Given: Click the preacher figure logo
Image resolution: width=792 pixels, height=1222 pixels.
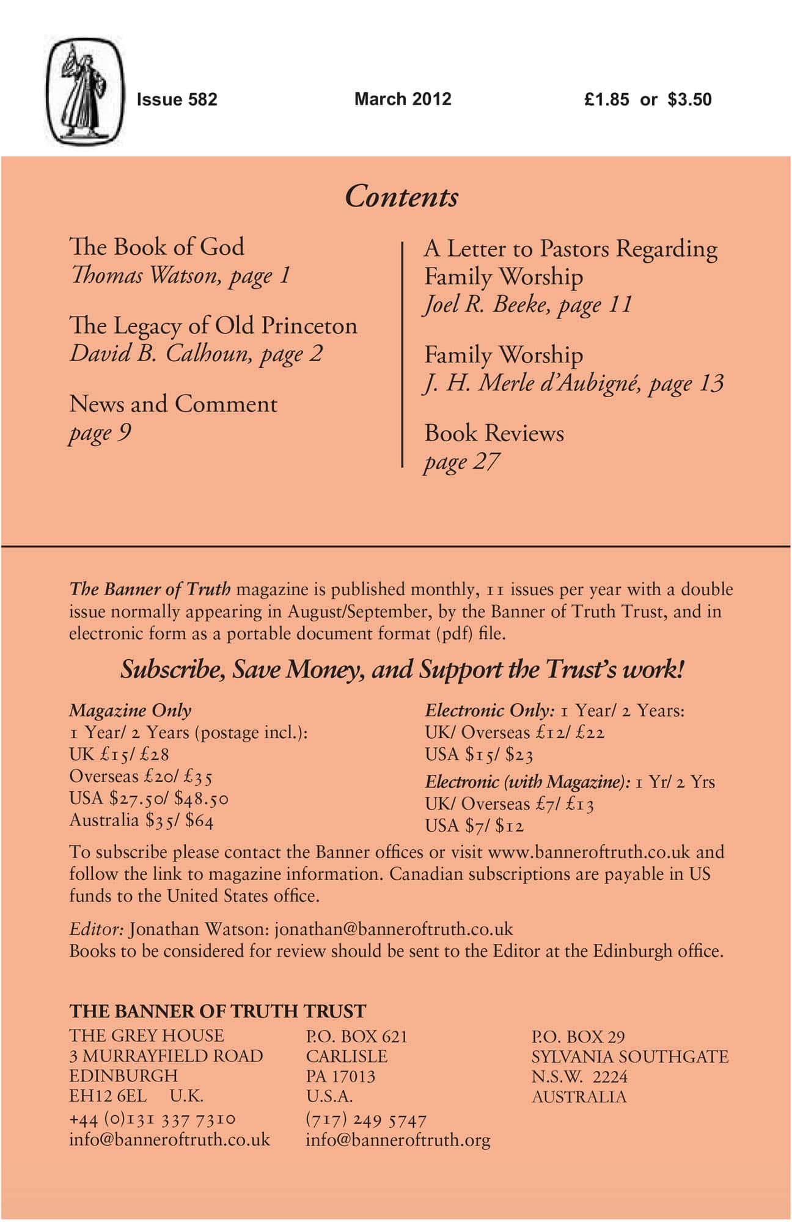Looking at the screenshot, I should click(86, 92).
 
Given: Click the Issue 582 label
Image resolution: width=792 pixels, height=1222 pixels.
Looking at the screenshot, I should click(177, 100).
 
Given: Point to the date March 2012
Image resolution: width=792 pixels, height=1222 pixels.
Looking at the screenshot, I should click(403, 99).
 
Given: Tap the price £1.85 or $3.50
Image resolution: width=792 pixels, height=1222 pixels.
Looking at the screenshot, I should click(648, 100).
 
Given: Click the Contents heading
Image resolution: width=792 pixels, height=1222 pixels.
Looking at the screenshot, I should click(402, 197).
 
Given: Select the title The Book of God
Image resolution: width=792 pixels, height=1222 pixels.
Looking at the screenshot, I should click(157, 247).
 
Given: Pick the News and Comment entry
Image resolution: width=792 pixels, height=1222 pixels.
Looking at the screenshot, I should click(174, 404).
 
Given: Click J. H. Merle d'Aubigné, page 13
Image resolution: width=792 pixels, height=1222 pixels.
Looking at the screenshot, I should click(574, 383).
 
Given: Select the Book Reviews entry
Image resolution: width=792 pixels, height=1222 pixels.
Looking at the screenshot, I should click(494, 433).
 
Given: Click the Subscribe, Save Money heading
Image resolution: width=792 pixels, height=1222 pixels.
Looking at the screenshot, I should click(402, 670).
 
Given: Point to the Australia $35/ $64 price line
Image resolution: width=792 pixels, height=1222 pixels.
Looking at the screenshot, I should click(141, 820).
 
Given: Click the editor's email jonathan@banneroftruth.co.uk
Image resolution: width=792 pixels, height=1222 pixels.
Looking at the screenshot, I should click(394, 929).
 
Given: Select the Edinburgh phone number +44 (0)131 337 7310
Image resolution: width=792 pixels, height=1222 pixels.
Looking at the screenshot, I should click(152, 1119).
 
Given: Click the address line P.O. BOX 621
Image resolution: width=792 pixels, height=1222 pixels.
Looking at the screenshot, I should click(356, 1036).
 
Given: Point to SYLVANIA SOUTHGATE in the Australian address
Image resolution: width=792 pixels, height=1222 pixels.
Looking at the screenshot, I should click(629, 1056).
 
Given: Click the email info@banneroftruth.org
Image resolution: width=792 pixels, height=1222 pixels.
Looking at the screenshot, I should click(398, 1140).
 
